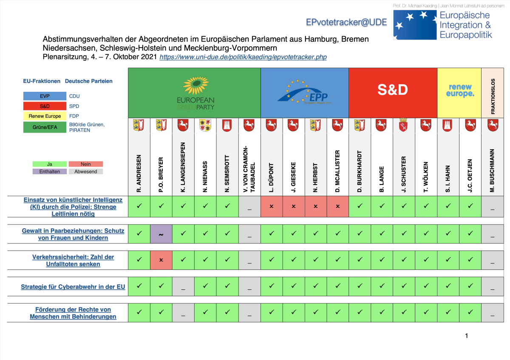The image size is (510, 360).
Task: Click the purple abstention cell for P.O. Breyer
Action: click(161, 234)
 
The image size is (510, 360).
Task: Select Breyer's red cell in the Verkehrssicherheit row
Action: click(161, 260)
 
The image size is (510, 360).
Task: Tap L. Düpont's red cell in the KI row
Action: click(272, 207)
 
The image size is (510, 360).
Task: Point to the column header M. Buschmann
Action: click(493, 170)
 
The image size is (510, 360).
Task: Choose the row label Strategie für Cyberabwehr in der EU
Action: click(73, 287)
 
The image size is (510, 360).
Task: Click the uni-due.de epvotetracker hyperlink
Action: click(243, 57)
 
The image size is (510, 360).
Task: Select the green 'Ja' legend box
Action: click(49, 164)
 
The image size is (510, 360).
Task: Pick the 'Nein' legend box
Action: click(85, 164)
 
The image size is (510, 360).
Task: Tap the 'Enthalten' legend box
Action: click(49, 172)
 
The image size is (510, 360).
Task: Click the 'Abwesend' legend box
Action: click(85, 172)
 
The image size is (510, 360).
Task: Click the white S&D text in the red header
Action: click(393, 90)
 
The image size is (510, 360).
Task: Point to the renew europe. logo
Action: click(459, 91)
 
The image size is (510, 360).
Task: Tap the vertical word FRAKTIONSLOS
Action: click(493, 95)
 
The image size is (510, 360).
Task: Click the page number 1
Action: click(466, 336)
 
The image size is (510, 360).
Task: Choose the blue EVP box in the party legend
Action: click(45, 96)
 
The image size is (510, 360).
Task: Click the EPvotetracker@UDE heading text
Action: click(346, 23)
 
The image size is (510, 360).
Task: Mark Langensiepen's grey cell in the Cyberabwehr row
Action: click(183, 287)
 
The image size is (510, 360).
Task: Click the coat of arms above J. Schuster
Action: click(404, 125)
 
